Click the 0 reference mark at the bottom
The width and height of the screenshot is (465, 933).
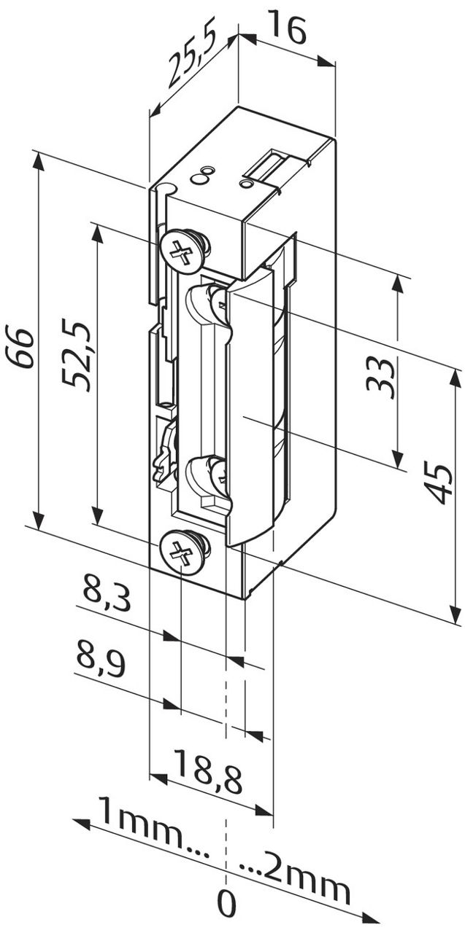click(x=227, y=905)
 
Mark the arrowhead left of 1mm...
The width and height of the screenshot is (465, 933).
click(x=82, y=824)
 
